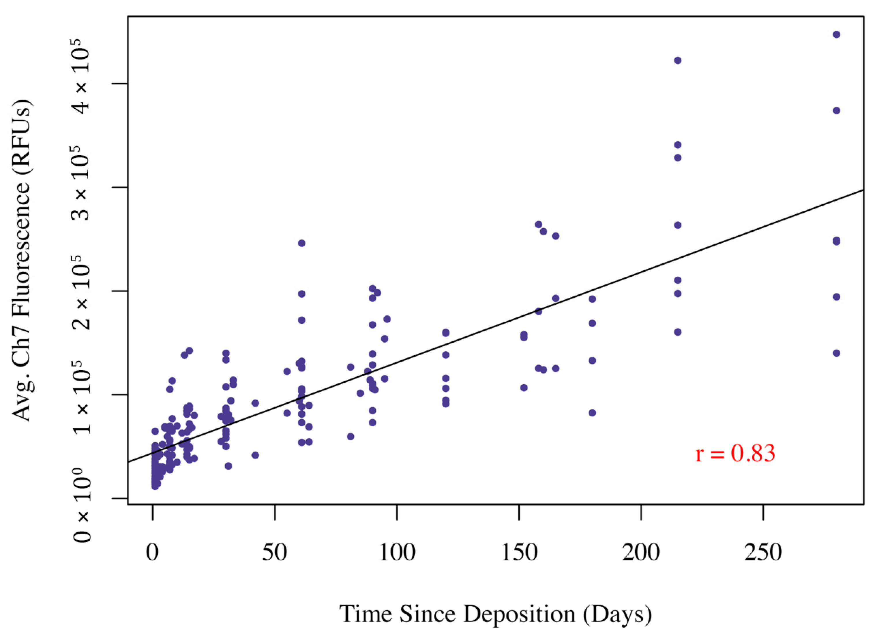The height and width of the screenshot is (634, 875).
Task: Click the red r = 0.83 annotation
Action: [x=735, y=454]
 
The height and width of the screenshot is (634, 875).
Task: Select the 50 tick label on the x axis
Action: [x=275, y=552]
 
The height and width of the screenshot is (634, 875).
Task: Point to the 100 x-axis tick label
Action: [x=397, y=552]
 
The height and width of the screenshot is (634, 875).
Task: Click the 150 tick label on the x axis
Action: [x=519, y=552]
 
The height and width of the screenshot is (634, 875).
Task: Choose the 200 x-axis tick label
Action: [x=641, y=552]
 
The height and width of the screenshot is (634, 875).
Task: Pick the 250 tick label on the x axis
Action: [x=764, y=552]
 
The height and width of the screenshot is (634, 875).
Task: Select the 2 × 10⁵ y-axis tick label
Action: [x=81, y=292]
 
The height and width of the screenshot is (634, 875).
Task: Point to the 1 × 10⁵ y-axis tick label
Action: [x=81, y=396]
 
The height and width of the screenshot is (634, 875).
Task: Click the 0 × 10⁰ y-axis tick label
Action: [x=81, y=505]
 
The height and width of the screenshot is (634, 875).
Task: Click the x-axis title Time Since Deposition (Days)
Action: [x=495, y=614]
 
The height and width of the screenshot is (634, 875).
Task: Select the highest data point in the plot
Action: [x=836, y=35]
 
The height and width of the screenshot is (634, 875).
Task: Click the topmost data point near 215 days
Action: [x=677, y=61]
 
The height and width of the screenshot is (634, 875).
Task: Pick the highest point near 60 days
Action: [x=302, y=243]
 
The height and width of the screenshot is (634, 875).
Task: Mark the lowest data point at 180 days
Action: [x=592, y=413]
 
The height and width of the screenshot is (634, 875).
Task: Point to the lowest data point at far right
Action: [x=836, y=353]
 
